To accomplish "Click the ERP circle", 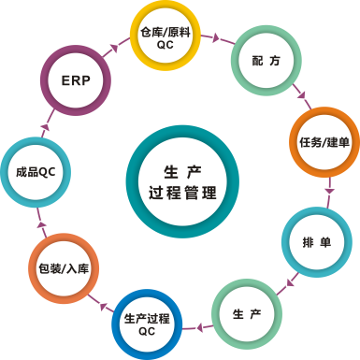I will [75, 80].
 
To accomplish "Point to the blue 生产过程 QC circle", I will [146, 324].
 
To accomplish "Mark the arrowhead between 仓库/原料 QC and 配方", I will [217, 38].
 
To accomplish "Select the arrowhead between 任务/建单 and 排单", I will [328, 190].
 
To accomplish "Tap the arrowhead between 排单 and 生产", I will [292, 280].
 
